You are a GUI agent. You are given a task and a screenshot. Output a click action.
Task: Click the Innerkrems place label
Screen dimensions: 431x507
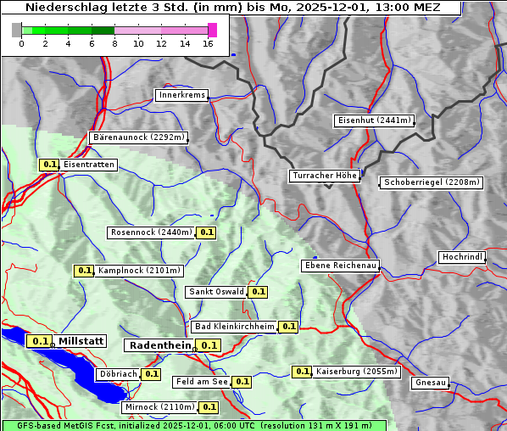(181, 95)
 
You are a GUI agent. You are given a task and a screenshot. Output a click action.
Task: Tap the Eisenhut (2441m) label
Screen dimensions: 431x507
(374, 120)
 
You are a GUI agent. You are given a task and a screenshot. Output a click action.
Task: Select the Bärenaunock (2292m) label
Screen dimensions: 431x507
(138, 137)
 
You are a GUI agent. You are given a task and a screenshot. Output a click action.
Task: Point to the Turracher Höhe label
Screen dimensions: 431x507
(325, 176)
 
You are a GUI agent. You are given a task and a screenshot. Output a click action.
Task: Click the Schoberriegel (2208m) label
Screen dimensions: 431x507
(432, 182)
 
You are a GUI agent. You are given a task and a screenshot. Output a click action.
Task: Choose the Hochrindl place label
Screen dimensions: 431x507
(463, 257)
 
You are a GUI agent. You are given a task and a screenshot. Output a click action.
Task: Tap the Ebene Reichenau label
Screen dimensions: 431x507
(340, 266)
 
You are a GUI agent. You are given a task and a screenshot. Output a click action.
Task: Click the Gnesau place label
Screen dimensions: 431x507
(430, 383)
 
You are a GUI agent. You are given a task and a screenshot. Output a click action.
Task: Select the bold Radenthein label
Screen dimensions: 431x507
(159, 345)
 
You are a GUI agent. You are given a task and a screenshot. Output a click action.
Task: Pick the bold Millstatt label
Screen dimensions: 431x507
(81, 341)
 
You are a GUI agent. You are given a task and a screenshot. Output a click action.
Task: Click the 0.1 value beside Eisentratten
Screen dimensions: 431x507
(49, 165)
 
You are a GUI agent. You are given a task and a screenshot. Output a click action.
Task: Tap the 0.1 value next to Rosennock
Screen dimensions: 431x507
(206, 232)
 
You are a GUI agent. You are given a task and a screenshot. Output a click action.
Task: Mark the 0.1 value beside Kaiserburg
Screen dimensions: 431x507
(302, 372)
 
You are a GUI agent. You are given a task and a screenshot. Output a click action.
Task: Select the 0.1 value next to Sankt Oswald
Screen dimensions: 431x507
(259, 292)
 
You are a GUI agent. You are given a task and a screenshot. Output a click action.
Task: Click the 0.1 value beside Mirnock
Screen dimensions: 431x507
(209, 407)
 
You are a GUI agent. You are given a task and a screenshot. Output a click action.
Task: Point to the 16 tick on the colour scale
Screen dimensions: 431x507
(208, 43)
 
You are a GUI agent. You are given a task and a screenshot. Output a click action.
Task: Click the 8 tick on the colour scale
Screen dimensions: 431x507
(114, 43)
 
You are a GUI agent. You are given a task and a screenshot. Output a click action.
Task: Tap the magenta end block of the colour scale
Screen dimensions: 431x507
(212, 30)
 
